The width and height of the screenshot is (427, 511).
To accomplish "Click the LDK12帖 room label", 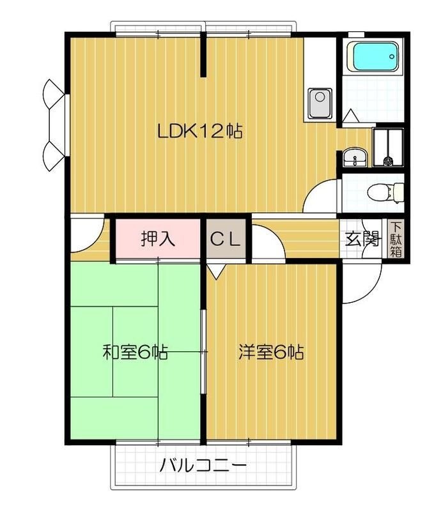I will coord(199,132).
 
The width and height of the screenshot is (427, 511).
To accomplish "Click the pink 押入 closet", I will coord(158,240).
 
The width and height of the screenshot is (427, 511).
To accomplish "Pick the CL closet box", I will coord(226,240).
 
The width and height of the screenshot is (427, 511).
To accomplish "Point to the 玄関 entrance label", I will coord(362,240).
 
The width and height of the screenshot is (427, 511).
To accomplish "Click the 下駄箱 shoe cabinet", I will coord(396,240).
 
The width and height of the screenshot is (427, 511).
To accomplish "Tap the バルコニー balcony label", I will coord(203,465).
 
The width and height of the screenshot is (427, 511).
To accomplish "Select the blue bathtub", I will coord(375,58).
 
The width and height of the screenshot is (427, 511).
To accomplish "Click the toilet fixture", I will coord(389,191).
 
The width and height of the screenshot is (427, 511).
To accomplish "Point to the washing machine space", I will coord(388,147).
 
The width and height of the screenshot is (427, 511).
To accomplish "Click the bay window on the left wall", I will coord(55,125).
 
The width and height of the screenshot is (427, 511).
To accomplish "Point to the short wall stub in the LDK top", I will coord(205,56).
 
